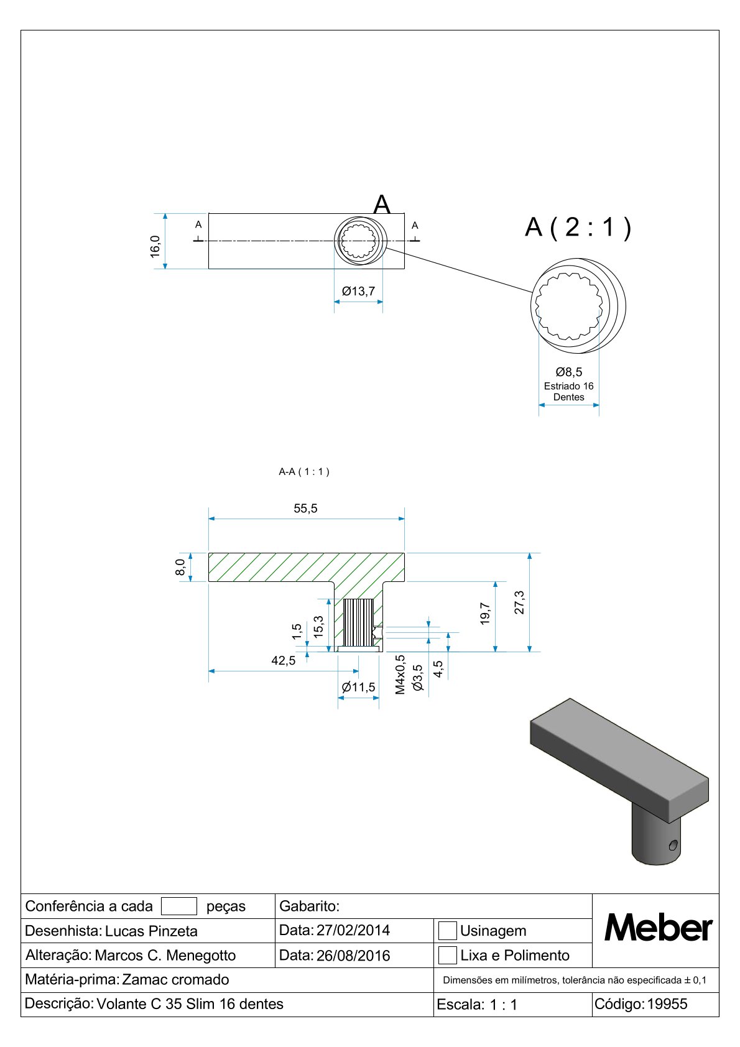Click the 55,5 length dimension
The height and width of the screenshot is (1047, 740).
[x=305, y=509]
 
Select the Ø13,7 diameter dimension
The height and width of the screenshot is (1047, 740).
[x=358, y=291]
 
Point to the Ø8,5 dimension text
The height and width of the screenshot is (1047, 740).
[x=569, y=372]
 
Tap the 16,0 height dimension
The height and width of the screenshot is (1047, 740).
[x=155, y=246]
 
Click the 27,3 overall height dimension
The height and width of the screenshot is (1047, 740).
[x=519, y=602]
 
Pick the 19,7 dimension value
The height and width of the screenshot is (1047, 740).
[x=485, y=613]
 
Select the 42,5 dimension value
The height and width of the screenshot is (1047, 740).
[x=284, y=660]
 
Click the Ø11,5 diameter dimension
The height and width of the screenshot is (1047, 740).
[x=358, y=687]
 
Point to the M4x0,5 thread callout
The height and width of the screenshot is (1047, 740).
[x=400, y=674]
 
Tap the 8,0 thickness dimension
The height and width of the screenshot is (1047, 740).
[x=180, y=567]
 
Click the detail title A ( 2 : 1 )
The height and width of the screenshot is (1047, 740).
[x=578, y=227]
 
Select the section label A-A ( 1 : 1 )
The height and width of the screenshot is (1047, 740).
[x=304, y=472]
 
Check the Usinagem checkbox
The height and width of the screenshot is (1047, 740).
[x=447, y=931]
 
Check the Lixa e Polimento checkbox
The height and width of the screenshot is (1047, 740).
[x=447, y=955]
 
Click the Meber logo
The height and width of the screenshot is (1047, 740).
[x=658, y=928]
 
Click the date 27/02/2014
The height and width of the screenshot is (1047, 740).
[x=353, y=930]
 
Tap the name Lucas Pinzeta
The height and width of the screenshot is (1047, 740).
[x=151, y=931]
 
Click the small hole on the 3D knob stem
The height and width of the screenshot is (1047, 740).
[x=672, y=845]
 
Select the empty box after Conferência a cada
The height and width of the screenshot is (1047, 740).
[x=178, y=906]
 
